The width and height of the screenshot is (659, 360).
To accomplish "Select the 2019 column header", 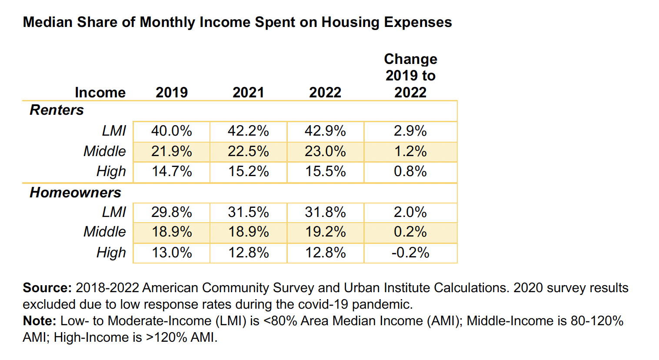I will coord(172,92).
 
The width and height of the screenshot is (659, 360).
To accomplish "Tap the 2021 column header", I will coord(248,92).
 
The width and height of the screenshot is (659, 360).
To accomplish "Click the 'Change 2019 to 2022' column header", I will coord(410,76).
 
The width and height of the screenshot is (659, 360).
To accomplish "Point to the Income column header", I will coord(100,92).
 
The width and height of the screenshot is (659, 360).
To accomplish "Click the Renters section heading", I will coord(57,110).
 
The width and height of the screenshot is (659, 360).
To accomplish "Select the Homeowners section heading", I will coord(75,192).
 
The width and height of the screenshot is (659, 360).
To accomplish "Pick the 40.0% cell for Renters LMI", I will coord(172,131).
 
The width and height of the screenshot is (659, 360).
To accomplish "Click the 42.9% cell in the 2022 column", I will coord(325,131).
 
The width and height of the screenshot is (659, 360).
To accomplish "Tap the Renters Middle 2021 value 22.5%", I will coord(248,151).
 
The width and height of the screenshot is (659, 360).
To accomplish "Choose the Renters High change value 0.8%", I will coord(410,171).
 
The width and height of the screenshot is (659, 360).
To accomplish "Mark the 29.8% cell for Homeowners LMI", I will coord(172,212).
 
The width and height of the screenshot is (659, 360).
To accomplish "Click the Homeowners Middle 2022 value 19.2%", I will coord(325,232).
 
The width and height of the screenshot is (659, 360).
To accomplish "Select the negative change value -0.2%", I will coord(410,253).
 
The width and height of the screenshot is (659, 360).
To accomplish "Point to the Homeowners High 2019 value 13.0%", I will coord(172,253).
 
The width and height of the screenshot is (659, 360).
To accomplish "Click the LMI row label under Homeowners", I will coord(114,212).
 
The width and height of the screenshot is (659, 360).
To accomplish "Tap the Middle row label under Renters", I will coord(104,151).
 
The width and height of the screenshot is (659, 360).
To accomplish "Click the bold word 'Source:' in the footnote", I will coord(47,288).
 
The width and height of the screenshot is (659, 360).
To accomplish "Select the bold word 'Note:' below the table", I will coord(40,321).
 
